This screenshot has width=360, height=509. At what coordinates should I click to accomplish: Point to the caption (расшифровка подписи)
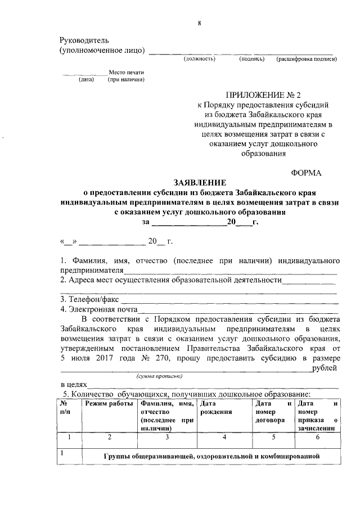[x=306, y=58]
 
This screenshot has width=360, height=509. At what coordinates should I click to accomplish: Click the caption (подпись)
[x=251, y=58]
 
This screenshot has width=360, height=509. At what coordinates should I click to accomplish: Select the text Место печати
[x=127, y=73]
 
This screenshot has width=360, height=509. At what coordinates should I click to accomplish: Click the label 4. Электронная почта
[x=99, y=309]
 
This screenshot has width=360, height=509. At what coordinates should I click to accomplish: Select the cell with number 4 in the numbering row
[x=223, y=437]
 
